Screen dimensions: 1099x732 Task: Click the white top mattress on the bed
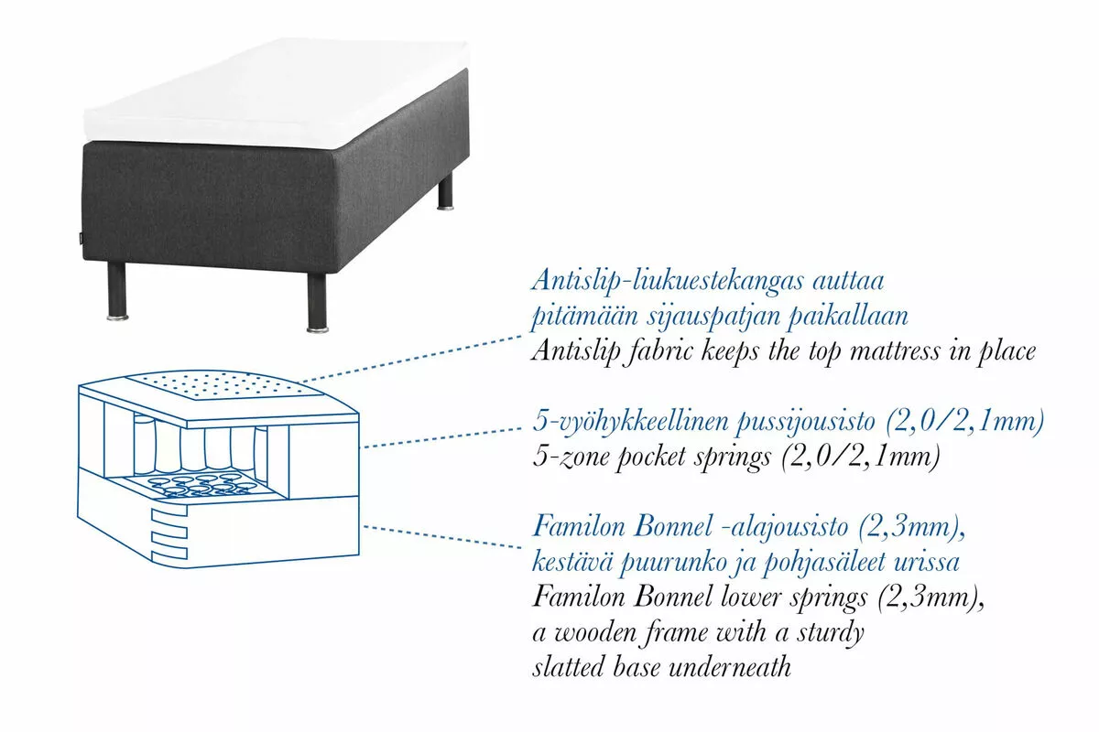coord(277,92)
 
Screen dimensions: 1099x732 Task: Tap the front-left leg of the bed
coord(117,292)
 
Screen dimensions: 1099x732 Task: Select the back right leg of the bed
coord(446,193)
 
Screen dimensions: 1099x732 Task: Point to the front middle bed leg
coord(318,303)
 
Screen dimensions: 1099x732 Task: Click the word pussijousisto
coord(805,422)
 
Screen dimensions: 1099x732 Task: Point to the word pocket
coord(650,457)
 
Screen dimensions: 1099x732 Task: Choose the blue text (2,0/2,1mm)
coord(965,422)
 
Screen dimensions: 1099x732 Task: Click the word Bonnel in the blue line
coord(672,527)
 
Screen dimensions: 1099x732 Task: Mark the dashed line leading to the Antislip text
coord(410,359)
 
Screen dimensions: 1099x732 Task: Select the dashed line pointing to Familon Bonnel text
coord(442,537)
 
